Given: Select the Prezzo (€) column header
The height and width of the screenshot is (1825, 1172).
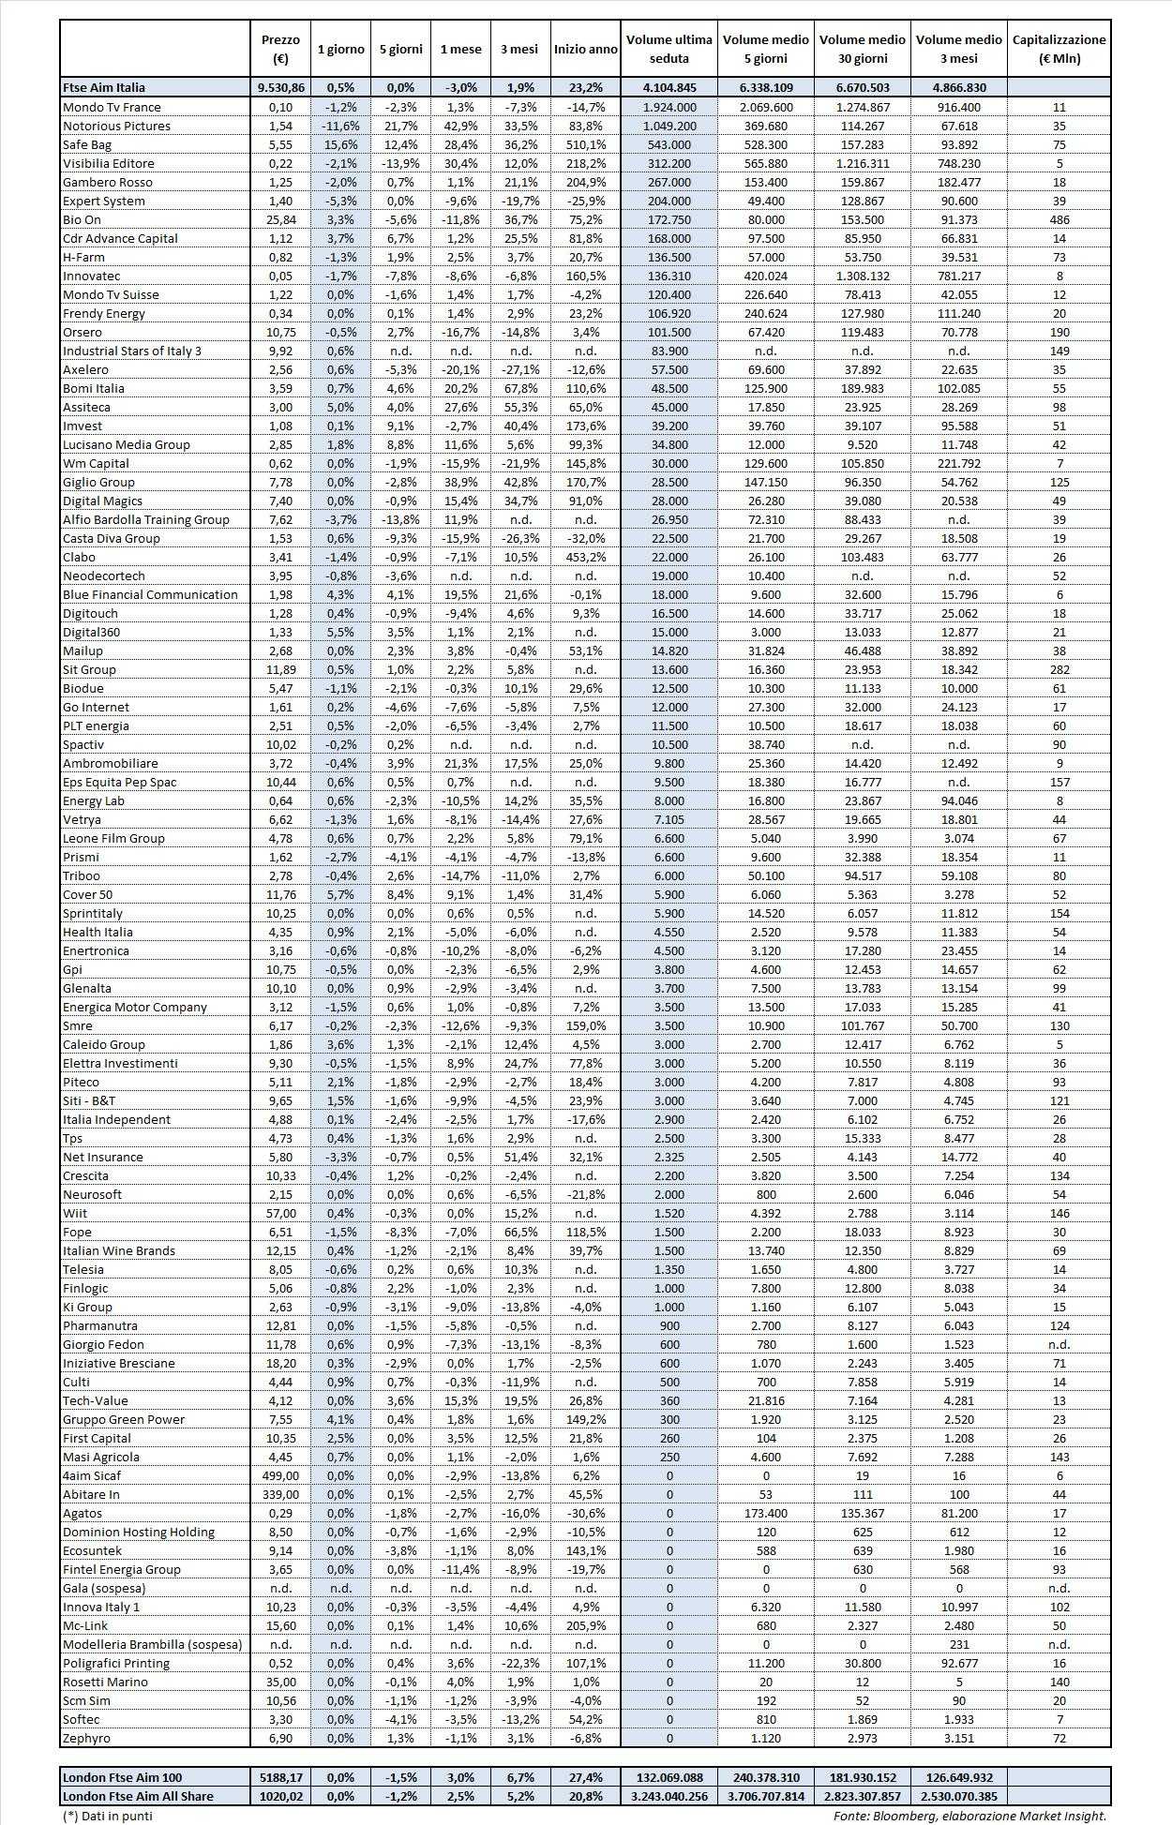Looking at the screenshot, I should pyautogui.click(x=280, y=49).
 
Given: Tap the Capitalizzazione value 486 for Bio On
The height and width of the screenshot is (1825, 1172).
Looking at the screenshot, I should pyautogui.click(x=1059, y=219).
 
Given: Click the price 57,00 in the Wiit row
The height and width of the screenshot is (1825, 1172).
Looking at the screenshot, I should pyautogui.click(x=280, y=1213).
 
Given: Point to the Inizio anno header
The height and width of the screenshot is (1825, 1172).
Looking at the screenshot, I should pyautogui.click(x=585, y=49).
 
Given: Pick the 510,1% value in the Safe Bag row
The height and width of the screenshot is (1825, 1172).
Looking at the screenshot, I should pyautogui.click(x=586, y=144).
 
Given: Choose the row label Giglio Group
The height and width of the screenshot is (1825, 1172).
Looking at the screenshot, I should pyautogui.click(x=98, y=482).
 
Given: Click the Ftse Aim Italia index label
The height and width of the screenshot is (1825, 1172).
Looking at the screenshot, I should pyautogui.click(x=103, y=87).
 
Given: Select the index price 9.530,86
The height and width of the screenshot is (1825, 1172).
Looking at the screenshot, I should pyautogui.click(x=280, y=87).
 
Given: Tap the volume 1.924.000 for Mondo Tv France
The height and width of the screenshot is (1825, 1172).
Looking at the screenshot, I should pyautogui.click(x=669, y=107).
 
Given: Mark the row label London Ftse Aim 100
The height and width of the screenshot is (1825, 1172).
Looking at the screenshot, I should pyautogui.click(x=122, y=1777).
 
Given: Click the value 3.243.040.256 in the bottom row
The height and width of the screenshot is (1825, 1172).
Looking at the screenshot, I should pyautogui.click(x=669, y=1796).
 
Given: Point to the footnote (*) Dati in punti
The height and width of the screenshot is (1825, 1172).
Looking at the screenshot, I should pyautogui.click(x=106, y=1816).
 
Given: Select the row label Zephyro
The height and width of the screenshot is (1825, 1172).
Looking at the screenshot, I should pyautogui.click(x=86, y=1738).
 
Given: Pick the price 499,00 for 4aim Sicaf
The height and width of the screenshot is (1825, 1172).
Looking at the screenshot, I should pyautogui.click(x=280, y=1475).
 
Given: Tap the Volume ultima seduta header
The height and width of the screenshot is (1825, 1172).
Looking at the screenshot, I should pyautogui.click(x=669, y=49).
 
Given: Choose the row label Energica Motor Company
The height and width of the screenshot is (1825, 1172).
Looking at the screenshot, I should pyautogui.click(x=134, y=1007).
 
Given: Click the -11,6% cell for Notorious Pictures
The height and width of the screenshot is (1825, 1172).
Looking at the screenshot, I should pyautogui.click(x=340, y=126).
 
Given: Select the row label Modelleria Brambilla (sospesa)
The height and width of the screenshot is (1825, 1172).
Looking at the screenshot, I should pyautogui.click(x=152, y=1644).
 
